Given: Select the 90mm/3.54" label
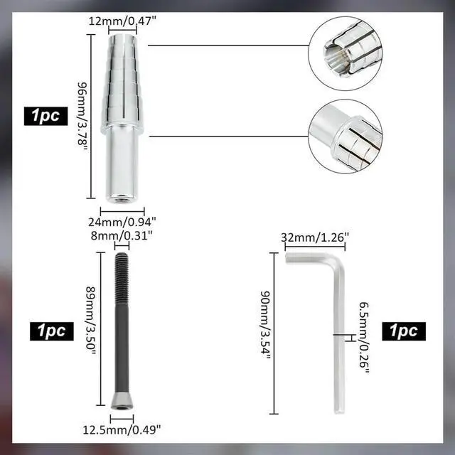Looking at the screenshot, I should coord(263,334).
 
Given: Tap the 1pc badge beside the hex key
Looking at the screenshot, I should coord(403,331).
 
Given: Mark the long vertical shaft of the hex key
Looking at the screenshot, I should coord(338,341).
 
